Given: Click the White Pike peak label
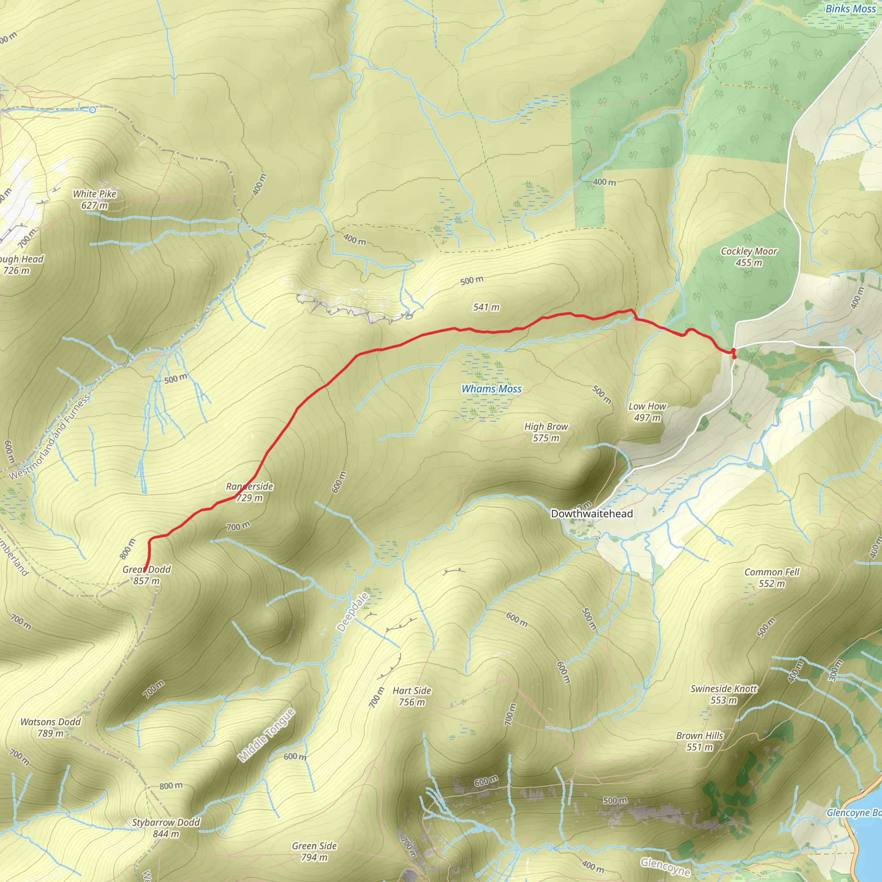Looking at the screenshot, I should [94, 199].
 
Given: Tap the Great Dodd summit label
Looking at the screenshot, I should [146, 575].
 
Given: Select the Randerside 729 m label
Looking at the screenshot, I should [249, 492].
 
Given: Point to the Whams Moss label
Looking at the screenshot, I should [491, 389].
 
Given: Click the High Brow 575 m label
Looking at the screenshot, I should [546, 432].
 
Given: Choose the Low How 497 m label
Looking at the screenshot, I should [647, 412].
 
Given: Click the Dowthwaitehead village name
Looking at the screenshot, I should [592, 514].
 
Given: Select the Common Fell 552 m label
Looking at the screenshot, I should [772, 578].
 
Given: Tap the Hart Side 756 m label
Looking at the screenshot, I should [412, 696].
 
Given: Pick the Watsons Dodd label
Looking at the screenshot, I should [50, 727].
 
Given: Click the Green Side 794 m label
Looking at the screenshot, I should [314, 851].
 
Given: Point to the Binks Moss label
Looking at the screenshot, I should [851, 9].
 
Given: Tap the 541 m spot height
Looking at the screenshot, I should [486, 307].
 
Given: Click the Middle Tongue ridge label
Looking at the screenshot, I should [267, 736].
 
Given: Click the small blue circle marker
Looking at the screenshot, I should [93, 109].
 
